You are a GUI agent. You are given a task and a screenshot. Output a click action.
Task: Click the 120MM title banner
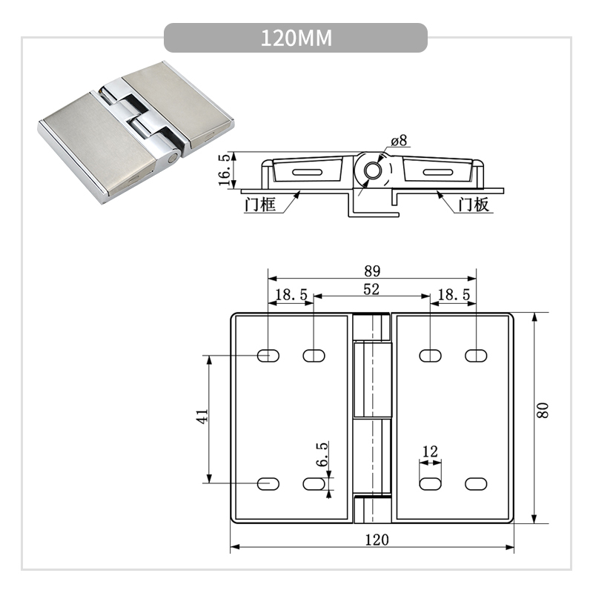pos(296,38)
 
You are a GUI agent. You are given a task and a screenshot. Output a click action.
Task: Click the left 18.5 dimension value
pos(291,295)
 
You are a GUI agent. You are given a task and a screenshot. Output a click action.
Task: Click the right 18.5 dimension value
pos(453,295)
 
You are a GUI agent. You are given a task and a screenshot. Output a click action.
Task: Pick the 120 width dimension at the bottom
pos(376,539)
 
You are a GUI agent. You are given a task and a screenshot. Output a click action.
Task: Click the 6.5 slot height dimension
pos(322,454)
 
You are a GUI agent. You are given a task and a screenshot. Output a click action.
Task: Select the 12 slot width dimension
pos(430,451)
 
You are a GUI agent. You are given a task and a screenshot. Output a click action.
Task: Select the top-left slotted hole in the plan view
pos(268,356)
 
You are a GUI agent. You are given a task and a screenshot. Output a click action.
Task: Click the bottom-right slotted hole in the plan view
pos(476,483)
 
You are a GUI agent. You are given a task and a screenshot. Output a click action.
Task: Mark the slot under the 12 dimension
pos(430,483)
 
